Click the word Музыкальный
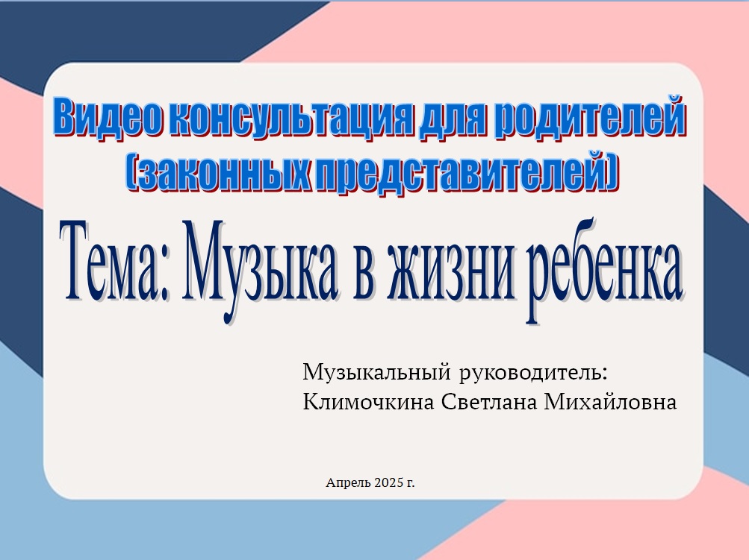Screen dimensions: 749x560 pos(377,371)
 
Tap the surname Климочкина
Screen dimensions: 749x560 pos(368,402)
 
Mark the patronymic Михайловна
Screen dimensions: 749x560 pos(610,402)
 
